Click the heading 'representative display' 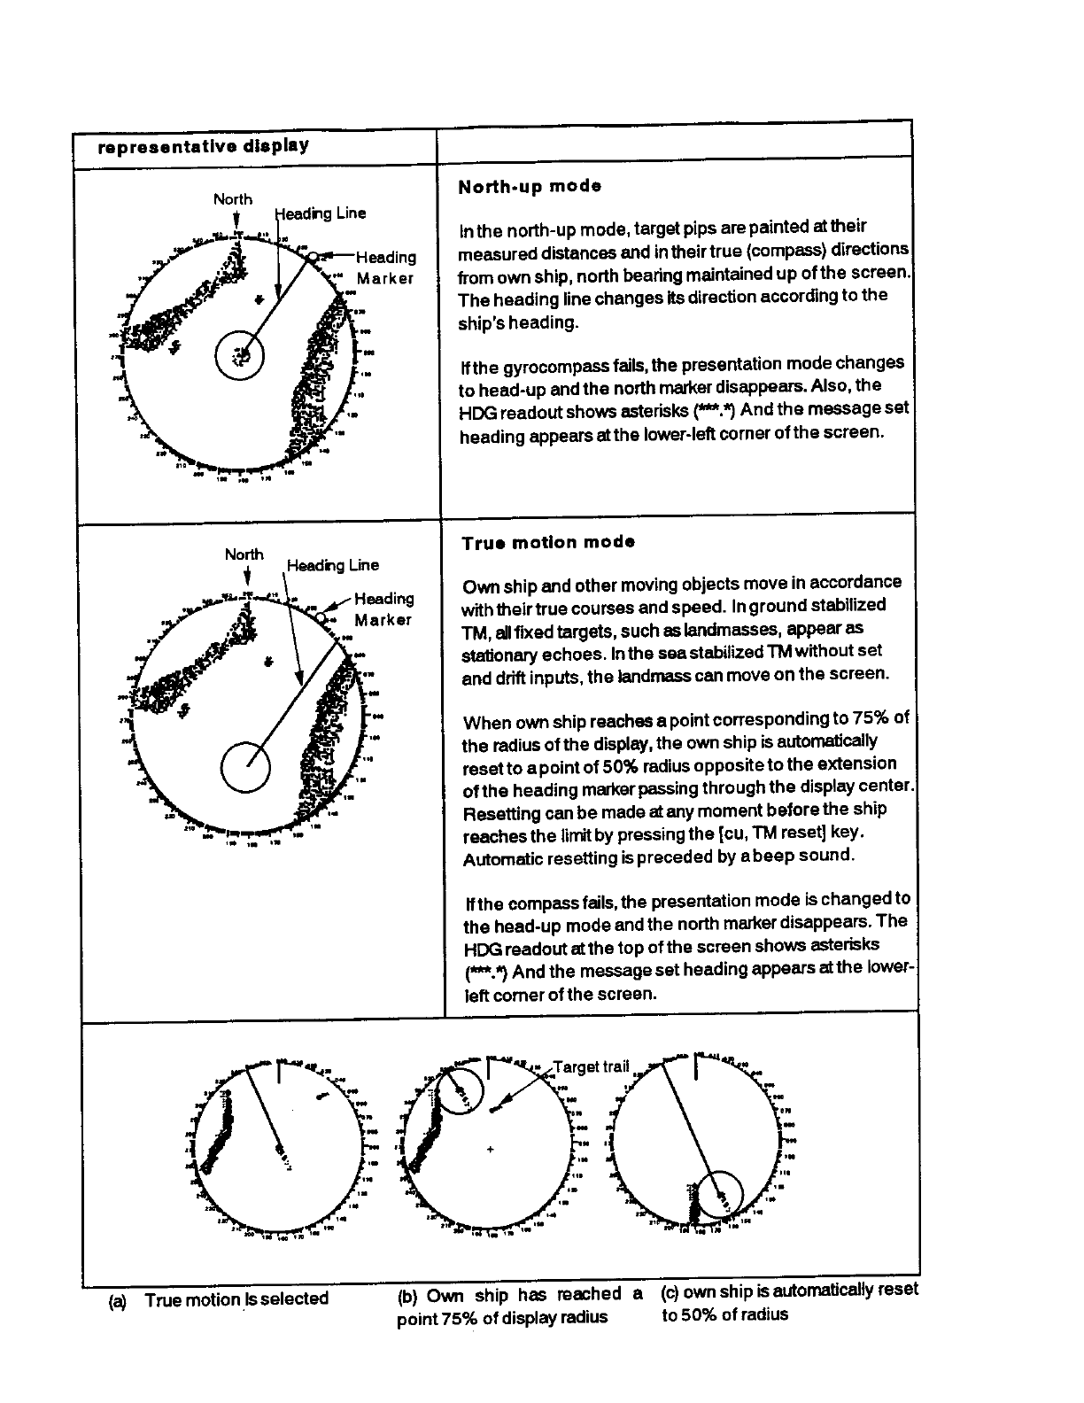pyautogui.click(x=204, y=146)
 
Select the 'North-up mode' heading pyautogui.click(x=530, y=187)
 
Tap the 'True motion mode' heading pyautogui.click(x=547, y=543)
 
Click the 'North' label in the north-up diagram pyautogui.click(x=233, y=200)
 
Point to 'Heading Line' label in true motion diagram pyautogui.click(x=332, y=565)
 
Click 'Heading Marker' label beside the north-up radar pyautogui.click(x=385, y=267)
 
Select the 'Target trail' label pyautogui.click(x=591, y=1066)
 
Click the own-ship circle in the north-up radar pyautogui.click(x=239, y=356)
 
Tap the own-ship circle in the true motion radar pyautogui.click(x=245, y=767)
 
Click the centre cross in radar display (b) pyautogui.click(x=490, y=1151)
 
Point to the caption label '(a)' pyautogui.click(x=117, y=1301)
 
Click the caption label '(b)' pyautogui.click(x=407, y=1296)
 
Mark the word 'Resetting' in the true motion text pyautogui.click(x=498, y=812)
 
